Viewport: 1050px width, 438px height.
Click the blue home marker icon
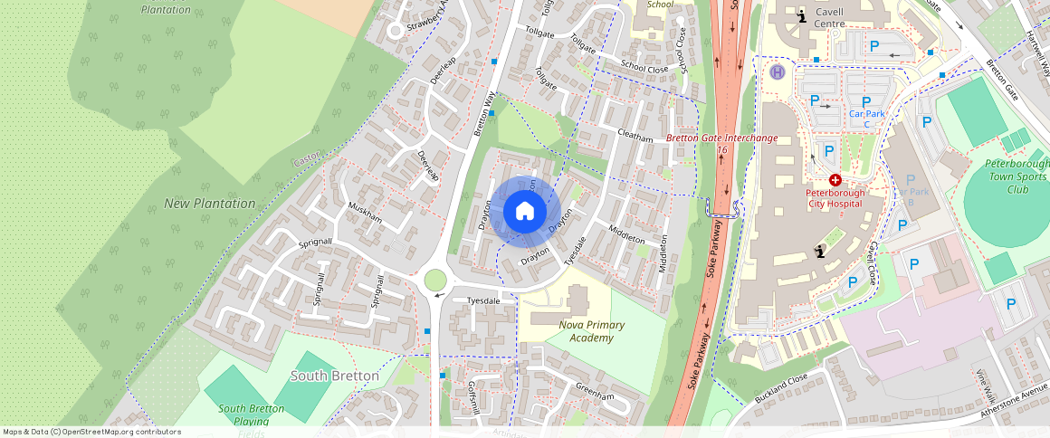524,212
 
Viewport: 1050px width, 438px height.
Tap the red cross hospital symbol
835,181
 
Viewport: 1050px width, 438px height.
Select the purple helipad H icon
776,71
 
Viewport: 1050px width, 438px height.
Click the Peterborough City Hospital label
835,198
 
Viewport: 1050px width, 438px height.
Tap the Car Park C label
866,119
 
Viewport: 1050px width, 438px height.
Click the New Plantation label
210,204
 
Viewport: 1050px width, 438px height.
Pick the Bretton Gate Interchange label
721,138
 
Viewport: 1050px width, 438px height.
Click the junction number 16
721,150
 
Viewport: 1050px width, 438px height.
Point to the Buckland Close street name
779,390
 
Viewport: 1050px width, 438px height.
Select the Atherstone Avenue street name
1014,402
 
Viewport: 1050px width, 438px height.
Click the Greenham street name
595,392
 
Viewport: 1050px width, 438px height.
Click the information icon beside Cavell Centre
801,15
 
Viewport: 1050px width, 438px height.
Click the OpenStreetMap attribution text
91,432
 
